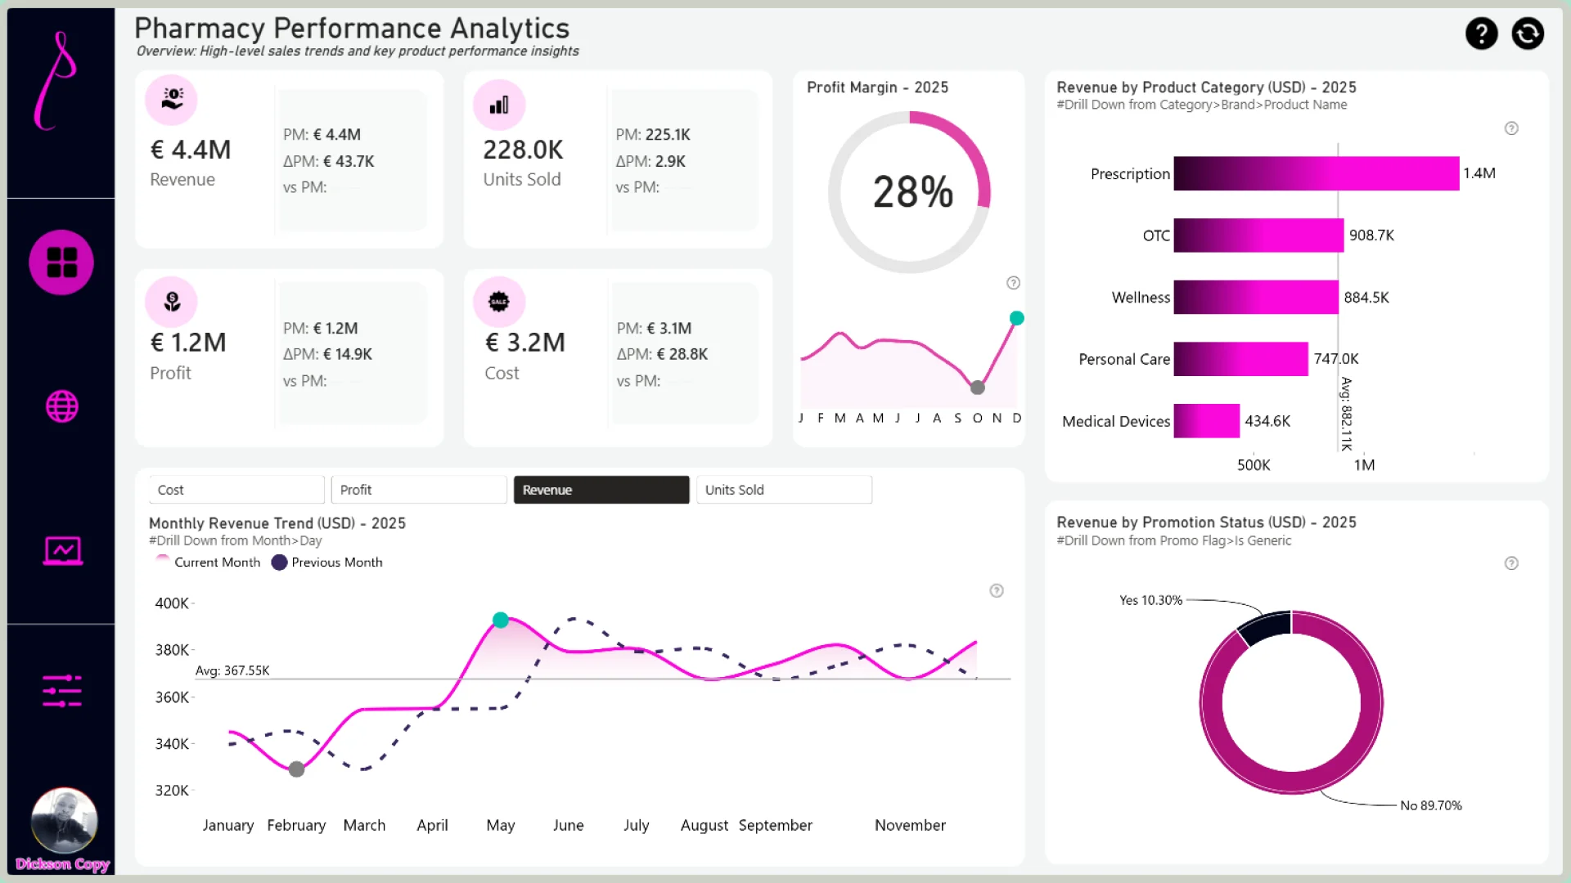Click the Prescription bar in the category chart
click(x=1316, y=173)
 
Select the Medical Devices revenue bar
click(x=1206, y=421)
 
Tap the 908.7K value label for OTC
click(x=1371, y=235)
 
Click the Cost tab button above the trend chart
click(x=236, y=490)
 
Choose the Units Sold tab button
click(x=783, y=490)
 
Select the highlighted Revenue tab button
click(x=601, y=490)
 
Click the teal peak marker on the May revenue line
click(x=501, y=621)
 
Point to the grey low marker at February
click(x=297, y=769)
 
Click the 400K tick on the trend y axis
click(x=172, y=603)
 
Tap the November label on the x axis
click(x=910, y=826)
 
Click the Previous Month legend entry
click(x=327, y=563)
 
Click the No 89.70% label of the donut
click(x=1430, y=806)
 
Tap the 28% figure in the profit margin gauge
click(x=912, y=193)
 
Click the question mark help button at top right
click(x=1481, y=34)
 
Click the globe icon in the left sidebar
click(x=62, y=406)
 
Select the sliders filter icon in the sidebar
click(x=62, y=691)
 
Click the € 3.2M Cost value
click(x=524, y=343)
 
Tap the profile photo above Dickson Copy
click(x=64, y=820)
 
